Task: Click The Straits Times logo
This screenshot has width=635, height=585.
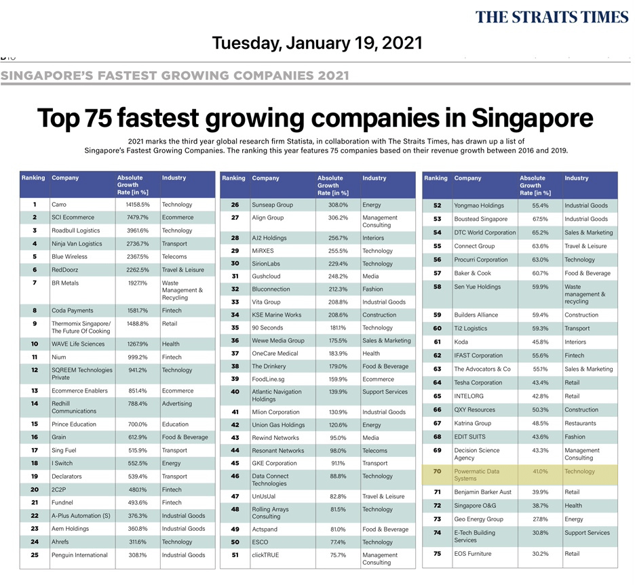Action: coord(552,17)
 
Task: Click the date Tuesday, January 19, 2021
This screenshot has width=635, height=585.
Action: coord(317,44)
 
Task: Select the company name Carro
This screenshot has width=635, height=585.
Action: coord(59,204)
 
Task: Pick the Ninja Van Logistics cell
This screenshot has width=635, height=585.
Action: coord(77,243)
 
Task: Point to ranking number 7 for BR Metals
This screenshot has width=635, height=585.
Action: coord(34,283)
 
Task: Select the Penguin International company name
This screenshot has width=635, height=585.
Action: coord(79,554)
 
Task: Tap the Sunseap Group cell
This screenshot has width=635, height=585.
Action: coord(272,204)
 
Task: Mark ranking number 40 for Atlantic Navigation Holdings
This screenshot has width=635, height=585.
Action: coord(235,391)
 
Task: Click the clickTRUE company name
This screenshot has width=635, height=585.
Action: coord(265,554)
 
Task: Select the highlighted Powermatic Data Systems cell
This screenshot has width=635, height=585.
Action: coord(476,475)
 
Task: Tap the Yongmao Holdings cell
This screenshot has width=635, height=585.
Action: coord(478,205)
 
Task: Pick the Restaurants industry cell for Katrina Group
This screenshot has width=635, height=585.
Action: coord(580,423)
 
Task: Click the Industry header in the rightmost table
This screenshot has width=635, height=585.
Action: coord(577,178)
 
